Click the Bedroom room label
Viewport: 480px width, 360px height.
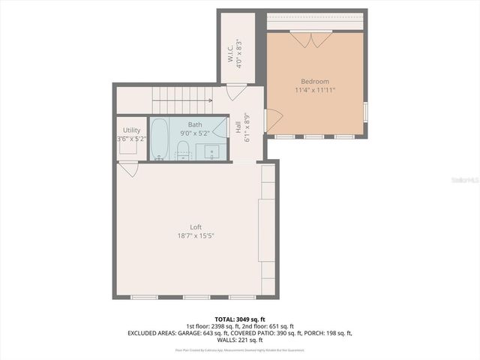pyautogui.click(x=315, y=81)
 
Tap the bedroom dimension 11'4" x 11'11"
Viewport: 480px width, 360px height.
pyautogui.click(x=315, y=90)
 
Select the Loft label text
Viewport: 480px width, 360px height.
pyautogui.click(x=196, y=227)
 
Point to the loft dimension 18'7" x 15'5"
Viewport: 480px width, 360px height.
pyautogui.click(x=196, y=235)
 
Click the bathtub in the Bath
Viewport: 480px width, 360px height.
pyautogui.click(x=160, y=139)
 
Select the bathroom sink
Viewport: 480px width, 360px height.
pyautogui.click(x=212, y=152)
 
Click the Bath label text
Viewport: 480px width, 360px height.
pyautogui.click(x=195, y=124)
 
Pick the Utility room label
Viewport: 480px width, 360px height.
pyautogui.click(x=131, y=130)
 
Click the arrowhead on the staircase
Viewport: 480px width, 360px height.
pyautogui.click(x=210, y=100)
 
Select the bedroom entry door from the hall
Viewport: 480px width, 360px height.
pyautogui.click(x=273, y=121)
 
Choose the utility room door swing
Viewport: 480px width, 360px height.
pyautogui.click(x=129, y=169)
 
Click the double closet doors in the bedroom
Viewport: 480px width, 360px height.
pyautogui.click(x=312, y=39)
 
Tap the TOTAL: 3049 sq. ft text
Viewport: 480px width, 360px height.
pyautogui.click(x=240, y=319)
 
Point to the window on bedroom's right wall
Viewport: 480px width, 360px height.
pyautogui.click(x=365, y=111)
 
